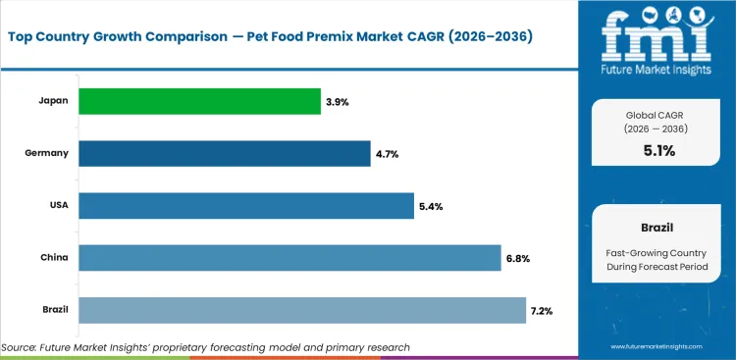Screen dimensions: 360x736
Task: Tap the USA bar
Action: pos(245,206)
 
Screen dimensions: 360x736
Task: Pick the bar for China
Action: pos(289,258)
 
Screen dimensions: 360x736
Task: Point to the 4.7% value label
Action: pos(388,154)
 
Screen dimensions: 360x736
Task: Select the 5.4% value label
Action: pos(432,206)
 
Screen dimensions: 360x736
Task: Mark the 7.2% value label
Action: pos(542,311)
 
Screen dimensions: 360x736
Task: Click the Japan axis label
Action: pos(53,101)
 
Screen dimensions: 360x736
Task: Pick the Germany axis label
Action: pos(47,153)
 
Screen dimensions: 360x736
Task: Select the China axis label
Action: pos(54,258)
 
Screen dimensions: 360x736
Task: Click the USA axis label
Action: pos(58,206)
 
